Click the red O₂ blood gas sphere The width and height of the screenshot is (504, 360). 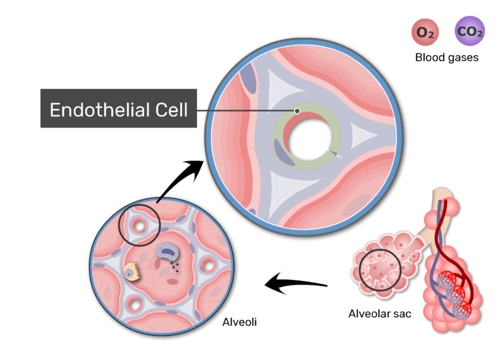(x=425, y=32)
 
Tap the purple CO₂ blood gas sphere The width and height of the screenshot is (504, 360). (x=469, y=31)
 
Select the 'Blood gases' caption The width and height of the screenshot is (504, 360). (x=447, y=58)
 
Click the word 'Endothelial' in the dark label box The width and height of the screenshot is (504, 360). (x=98, y=109)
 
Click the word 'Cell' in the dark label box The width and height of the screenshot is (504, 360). (x=171, y=109)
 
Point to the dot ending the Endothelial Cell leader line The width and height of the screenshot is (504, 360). (x=297, y=111)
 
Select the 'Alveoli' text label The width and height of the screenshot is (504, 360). (x=240, y=322)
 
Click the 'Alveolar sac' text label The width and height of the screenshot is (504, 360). (x=380, y=314)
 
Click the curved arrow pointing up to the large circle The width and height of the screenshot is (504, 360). (x=180, y=179)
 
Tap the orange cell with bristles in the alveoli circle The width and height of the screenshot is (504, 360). (x=132, y=272)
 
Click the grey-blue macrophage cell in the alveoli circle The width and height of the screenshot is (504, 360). (x=168, y=252)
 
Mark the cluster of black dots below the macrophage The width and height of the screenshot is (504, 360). (x=175, y=268)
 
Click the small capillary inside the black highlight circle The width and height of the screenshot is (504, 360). (x=139, y=225)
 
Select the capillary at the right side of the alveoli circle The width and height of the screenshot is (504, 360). (x=208, y=265)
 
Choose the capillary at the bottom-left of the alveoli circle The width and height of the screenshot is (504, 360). (x=134, y=304)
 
